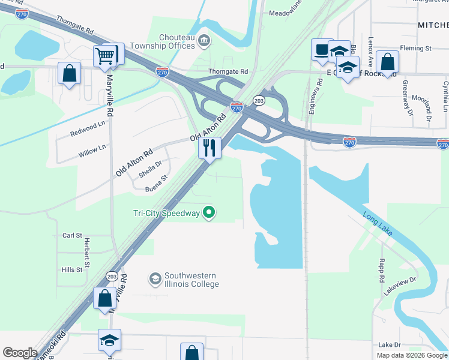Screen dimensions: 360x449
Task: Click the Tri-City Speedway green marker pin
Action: pos(209,212)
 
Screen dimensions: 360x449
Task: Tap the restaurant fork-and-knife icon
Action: pos(209,148)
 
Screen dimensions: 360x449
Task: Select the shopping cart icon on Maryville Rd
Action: pos(105,56)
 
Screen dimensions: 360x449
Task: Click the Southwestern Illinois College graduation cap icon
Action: pos(155,279)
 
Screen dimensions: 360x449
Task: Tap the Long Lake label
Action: pos(377,223)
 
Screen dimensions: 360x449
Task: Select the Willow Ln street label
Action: pos(92,147)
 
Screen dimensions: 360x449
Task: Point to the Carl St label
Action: pos(72,236)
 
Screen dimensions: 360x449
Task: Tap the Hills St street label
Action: pos(71,270)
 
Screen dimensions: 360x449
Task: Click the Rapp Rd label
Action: pos(381,271)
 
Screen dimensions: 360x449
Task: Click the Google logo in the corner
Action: pos(20,353)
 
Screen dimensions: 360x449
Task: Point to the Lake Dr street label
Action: pos(389,345)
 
